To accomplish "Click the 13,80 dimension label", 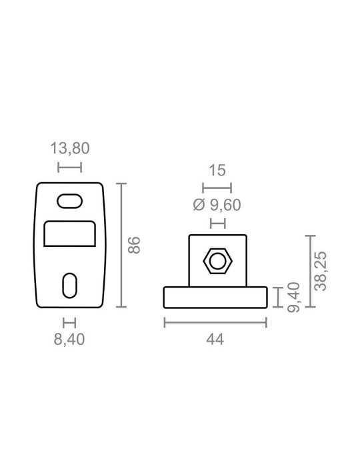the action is tap(69, 148).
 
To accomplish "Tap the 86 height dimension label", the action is tap(134, 245).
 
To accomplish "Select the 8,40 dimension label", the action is tap(69, 339).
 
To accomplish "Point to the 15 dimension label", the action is tap(217, 170).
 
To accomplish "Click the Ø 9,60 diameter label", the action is tap(217, 205).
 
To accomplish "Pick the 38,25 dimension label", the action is tap(321, 271).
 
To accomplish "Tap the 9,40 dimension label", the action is tap(294, 298).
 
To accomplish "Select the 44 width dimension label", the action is tap(215, 339).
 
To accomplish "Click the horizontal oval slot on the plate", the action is tap(69, 201).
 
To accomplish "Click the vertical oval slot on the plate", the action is tap(69, 286).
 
